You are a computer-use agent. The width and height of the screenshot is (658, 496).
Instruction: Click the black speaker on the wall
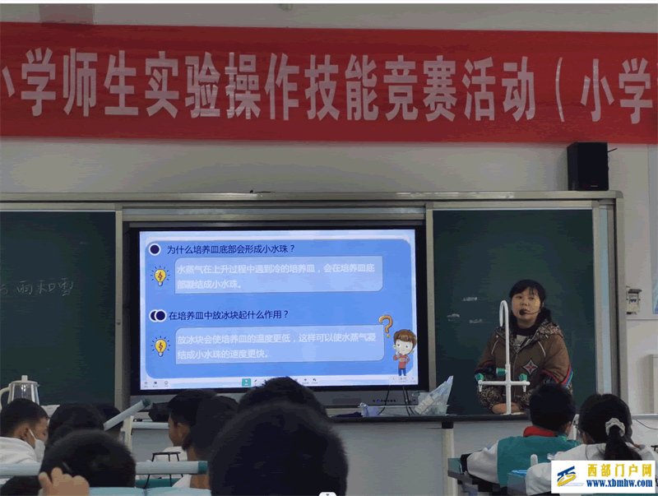click(587, 166)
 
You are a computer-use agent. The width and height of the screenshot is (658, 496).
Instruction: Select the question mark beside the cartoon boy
click(385, 326)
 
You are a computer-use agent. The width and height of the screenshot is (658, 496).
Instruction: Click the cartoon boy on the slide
click(403, 352)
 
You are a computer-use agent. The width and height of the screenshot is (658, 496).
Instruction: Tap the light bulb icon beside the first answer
click(160, 276)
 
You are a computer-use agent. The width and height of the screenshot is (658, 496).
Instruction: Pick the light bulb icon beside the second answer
click(160, 345)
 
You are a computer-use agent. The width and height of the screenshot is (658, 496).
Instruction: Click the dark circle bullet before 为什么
click(154, 248)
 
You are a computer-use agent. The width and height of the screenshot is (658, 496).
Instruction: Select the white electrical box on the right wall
click(633, 299)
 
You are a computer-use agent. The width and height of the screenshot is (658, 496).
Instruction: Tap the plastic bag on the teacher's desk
click(434, 397)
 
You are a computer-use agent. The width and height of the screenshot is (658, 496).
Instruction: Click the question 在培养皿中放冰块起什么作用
click(228, 315)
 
